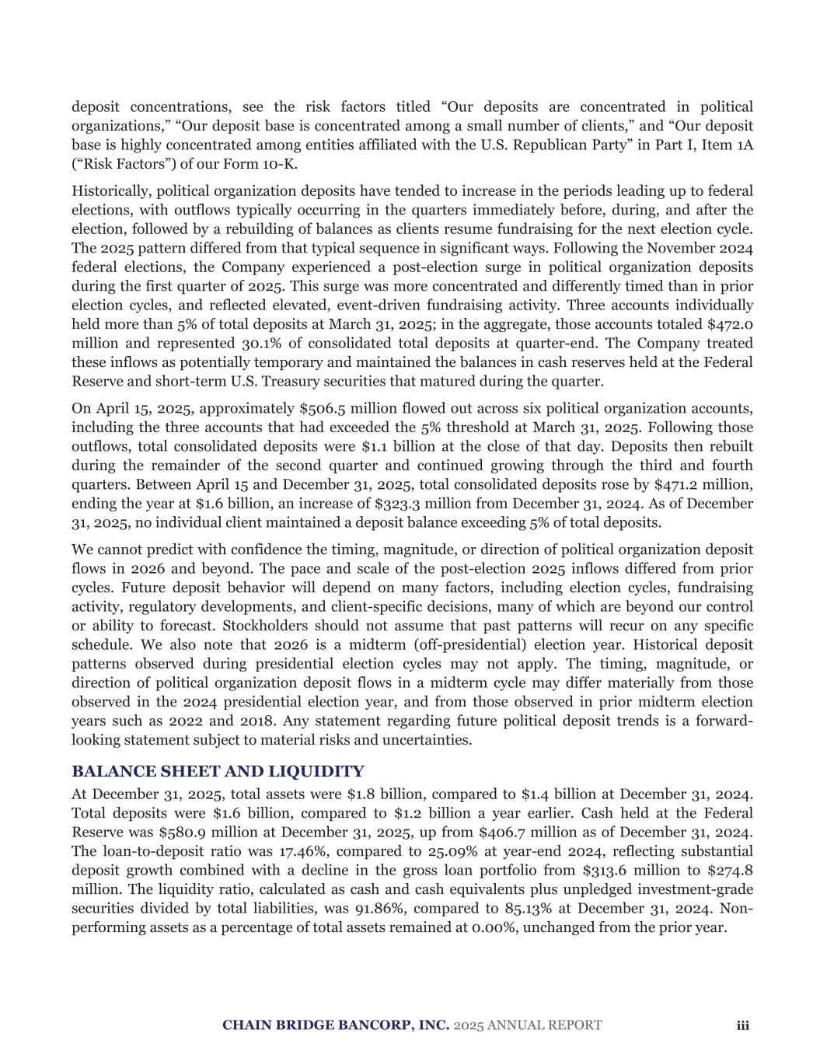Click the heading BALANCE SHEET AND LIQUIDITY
tap(218, 772)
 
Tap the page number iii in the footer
tap(742, 1025)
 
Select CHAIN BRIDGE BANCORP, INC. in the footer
tap(336, 1025)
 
